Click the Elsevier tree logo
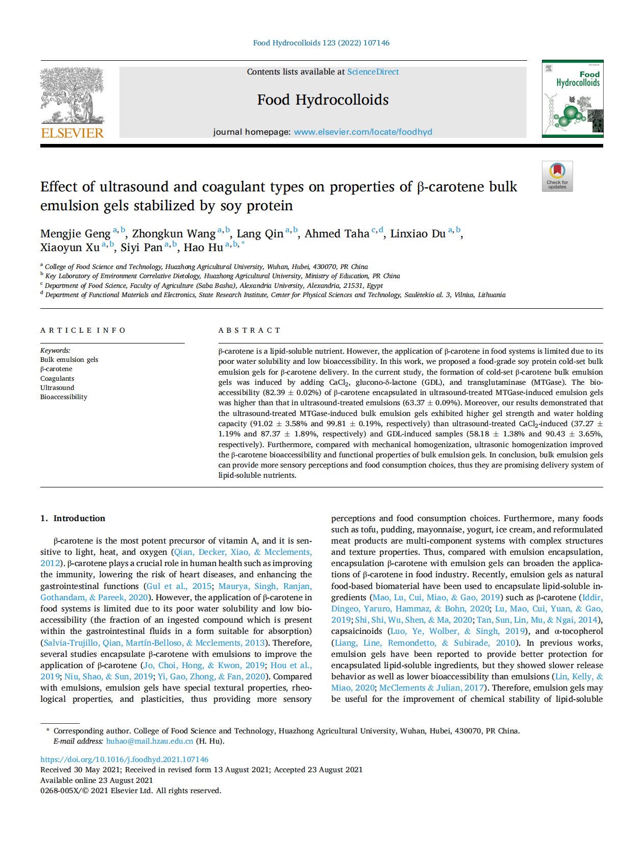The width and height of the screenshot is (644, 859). coord(72,95)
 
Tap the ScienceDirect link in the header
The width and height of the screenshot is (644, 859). coord(373,72)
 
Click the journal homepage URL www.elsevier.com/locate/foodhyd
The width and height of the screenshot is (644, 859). coord(363,132)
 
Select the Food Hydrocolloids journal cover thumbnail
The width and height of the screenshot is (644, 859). coord(572,99)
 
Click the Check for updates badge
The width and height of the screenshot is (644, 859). coord(557,177)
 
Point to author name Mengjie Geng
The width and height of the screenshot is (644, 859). coord(75,234)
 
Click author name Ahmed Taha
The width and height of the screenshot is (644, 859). coord(337,234)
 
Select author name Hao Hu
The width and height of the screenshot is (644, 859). coord(203,248)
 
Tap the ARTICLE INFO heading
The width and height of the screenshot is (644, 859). coord(83,330)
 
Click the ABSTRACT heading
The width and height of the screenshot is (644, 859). coord(250,330)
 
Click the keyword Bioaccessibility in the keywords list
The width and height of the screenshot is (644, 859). coord(64,397)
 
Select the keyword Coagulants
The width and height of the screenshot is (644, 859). coord(57,379)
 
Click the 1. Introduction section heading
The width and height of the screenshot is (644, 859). coord(73,518)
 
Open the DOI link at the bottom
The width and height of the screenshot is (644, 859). coord(125,759)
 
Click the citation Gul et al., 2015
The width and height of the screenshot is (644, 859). coord(179,586)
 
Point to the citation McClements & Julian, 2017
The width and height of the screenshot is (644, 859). coord(432,688)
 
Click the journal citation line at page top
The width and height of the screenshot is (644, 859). coord(321,43)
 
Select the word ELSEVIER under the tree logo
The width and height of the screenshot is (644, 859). coord(72,133)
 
